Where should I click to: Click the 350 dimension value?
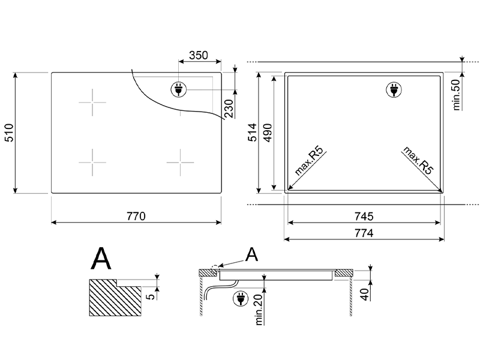[199, 55]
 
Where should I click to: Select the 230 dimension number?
[229, 109]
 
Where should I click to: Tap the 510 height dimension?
[9, 133]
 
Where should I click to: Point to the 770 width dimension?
[136, 216]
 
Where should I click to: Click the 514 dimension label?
[252, 132]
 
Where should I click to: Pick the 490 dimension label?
[268, 133]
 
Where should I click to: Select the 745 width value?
[364, 217]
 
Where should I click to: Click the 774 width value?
[364, 233]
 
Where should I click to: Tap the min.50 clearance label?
[456, 95]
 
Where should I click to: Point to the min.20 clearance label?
[259, 310]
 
